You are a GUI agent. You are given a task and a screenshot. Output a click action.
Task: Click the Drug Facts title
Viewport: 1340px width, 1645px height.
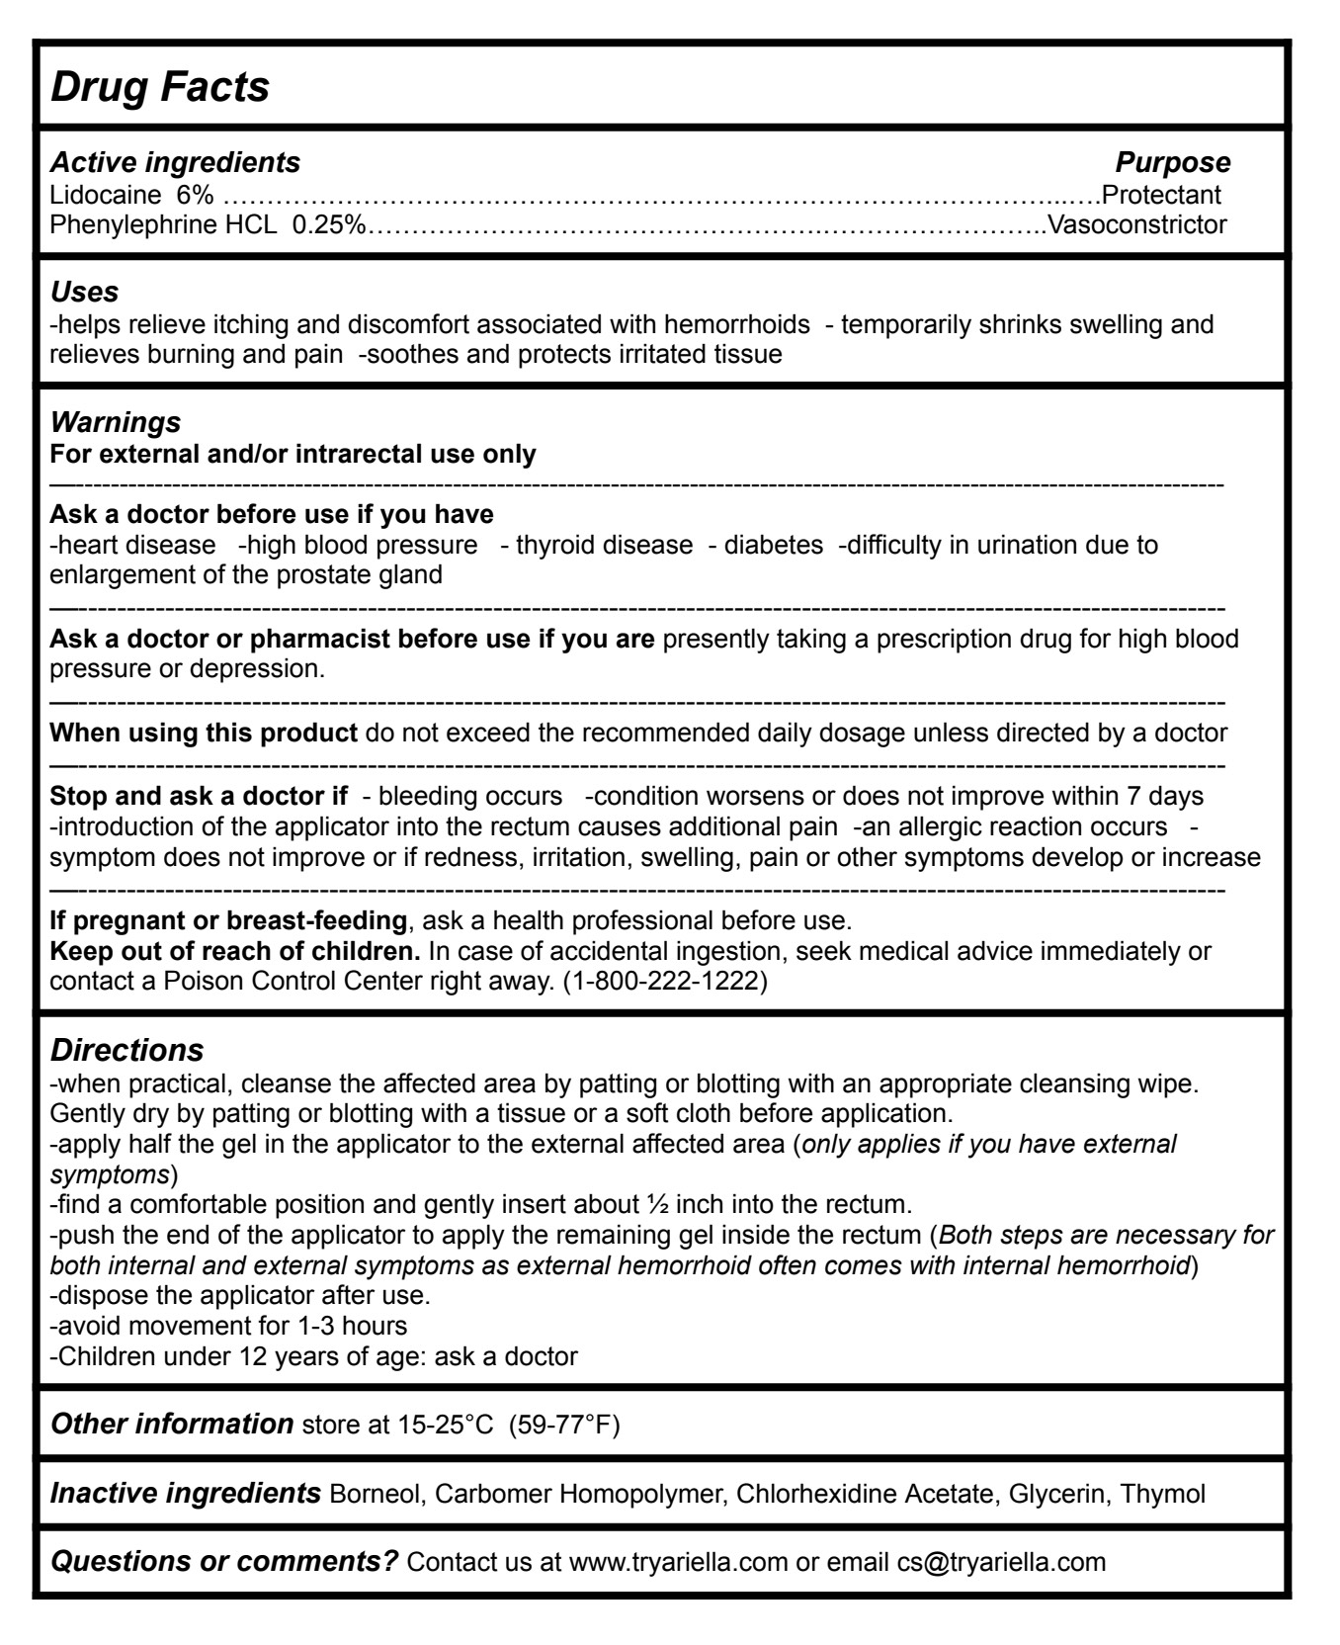coord(159,87)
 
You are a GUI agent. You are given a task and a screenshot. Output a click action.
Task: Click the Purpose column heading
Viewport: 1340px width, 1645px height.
coord(1172,162)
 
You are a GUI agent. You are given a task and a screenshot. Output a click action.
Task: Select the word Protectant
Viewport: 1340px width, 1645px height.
coord(1161,195)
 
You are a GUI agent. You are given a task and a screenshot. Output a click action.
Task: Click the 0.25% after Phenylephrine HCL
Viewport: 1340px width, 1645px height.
coord(328,224)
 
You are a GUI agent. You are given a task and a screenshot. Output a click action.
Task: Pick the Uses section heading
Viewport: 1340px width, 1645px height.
coord(84,292)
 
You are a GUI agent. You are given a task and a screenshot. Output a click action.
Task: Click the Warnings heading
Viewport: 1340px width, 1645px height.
coord(115,422)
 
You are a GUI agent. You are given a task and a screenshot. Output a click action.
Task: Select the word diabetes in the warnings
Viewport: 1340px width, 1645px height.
coord(774,545)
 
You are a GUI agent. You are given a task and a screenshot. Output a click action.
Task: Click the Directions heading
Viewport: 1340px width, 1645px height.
coord(126,1049)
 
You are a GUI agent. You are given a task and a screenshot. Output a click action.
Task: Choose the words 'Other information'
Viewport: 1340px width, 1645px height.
coord(171,1424)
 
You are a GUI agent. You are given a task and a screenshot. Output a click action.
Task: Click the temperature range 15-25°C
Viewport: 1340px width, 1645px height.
coord(445,1426)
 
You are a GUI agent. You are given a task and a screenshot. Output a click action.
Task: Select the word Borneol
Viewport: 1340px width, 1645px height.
coord(377,1494)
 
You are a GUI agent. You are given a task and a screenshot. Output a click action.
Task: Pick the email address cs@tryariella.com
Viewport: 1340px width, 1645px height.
coord(1001,1562)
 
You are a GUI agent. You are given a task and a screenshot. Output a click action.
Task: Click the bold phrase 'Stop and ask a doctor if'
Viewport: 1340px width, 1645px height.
coord(199,796)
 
